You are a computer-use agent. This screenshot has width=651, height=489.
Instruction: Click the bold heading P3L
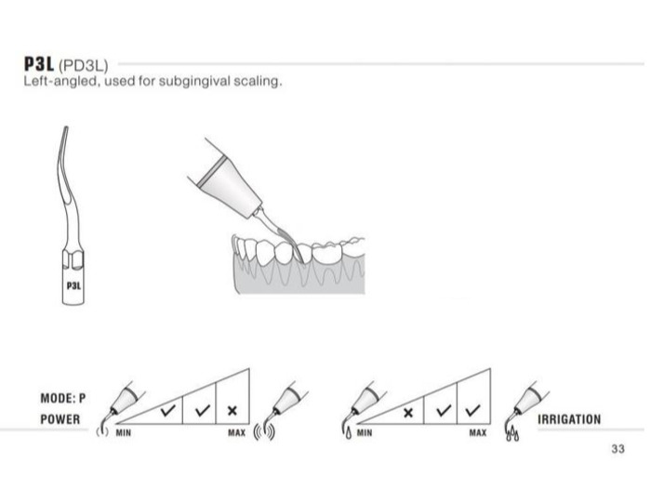coord(39,64)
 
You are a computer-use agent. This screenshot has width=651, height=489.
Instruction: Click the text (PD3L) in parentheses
coord(84,66)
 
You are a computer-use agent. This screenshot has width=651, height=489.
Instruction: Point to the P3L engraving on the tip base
coord(73,285)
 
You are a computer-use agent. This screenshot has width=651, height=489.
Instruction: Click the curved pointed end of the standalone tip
coord(65,128)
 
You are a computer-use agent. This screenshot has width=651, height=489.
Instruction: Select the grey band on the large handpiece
coord(212,171)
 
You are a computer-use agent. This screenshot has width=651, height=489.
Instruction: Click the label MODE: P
coord(63,398)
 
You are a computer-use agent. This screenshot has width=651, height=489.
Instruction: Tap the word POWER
coord(60,419)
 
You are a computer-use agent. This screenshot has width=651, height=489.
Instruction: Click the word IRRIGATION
coord(569,419)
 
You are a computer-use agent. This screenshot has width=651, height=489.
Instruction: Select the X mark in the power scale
coord(232,411)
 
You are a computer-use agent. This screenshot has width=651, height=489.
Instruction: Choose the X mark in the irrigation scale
coord(408,413)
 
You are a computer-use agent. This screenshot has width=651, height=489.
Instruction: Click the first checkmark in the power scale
coord(168,411)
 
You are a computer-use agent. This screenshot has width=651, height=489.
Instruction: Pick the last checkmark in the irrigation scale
coord(472,411)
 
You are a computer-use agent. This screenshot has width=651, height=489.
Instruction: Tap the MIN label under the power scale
coord(124,433)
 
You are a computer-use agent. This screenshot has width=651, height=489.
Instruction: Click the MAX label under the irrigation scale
coord(478,433)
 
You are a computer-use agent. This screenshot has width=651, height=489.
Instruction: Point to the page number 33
coord(618,449)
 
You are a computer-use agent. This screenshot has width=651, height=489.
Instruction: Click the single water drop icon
coord(349,433)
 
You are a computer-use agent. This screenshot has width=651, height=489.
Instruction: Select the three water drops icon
coord(512,434)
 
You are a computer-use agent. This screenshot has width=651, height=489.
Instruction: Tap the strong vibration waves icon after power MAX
coord(264,431)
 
